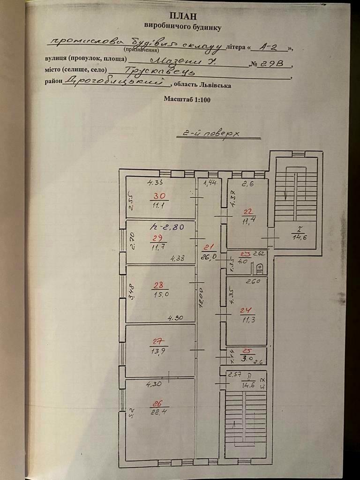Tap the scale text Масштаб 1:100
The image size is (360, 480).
pos(187,99)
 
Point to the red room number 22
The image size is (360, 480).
pos(247,210)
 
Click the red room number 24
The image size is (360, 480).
pos(246,310)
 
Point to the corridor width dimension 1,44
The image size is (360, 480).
pos(210,183)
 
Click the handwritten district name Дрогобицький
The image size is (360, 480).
pos(118,82)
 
